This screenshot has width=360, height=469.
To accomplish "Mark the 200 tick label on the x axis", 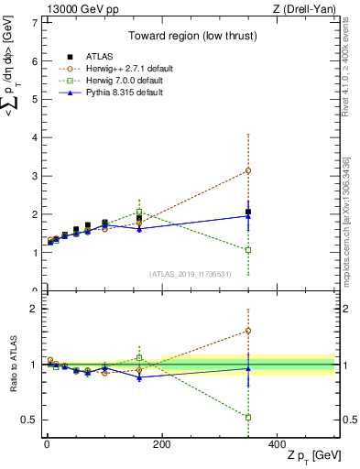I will (162, 443).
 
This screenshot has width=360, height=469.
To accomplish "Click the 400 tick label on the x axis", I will (277, 443).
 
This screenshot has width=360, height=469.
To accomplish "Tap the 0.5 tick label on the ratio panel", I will (28, 420).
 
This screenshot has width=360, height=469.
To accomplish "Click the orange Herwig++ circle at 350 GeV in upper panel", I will (248, 170).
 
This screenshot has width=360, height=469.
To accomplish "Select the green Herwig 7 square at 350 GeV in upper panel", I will (248, 249).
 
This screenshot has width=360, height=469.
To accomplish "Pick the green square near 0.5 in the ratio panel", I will (248, 417).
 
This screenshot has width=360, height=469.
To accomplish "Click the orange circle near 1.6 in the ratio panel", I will (248, 330).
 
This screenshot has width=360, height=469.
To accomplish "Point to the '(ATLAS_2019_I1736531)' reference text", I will (190, 274).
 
